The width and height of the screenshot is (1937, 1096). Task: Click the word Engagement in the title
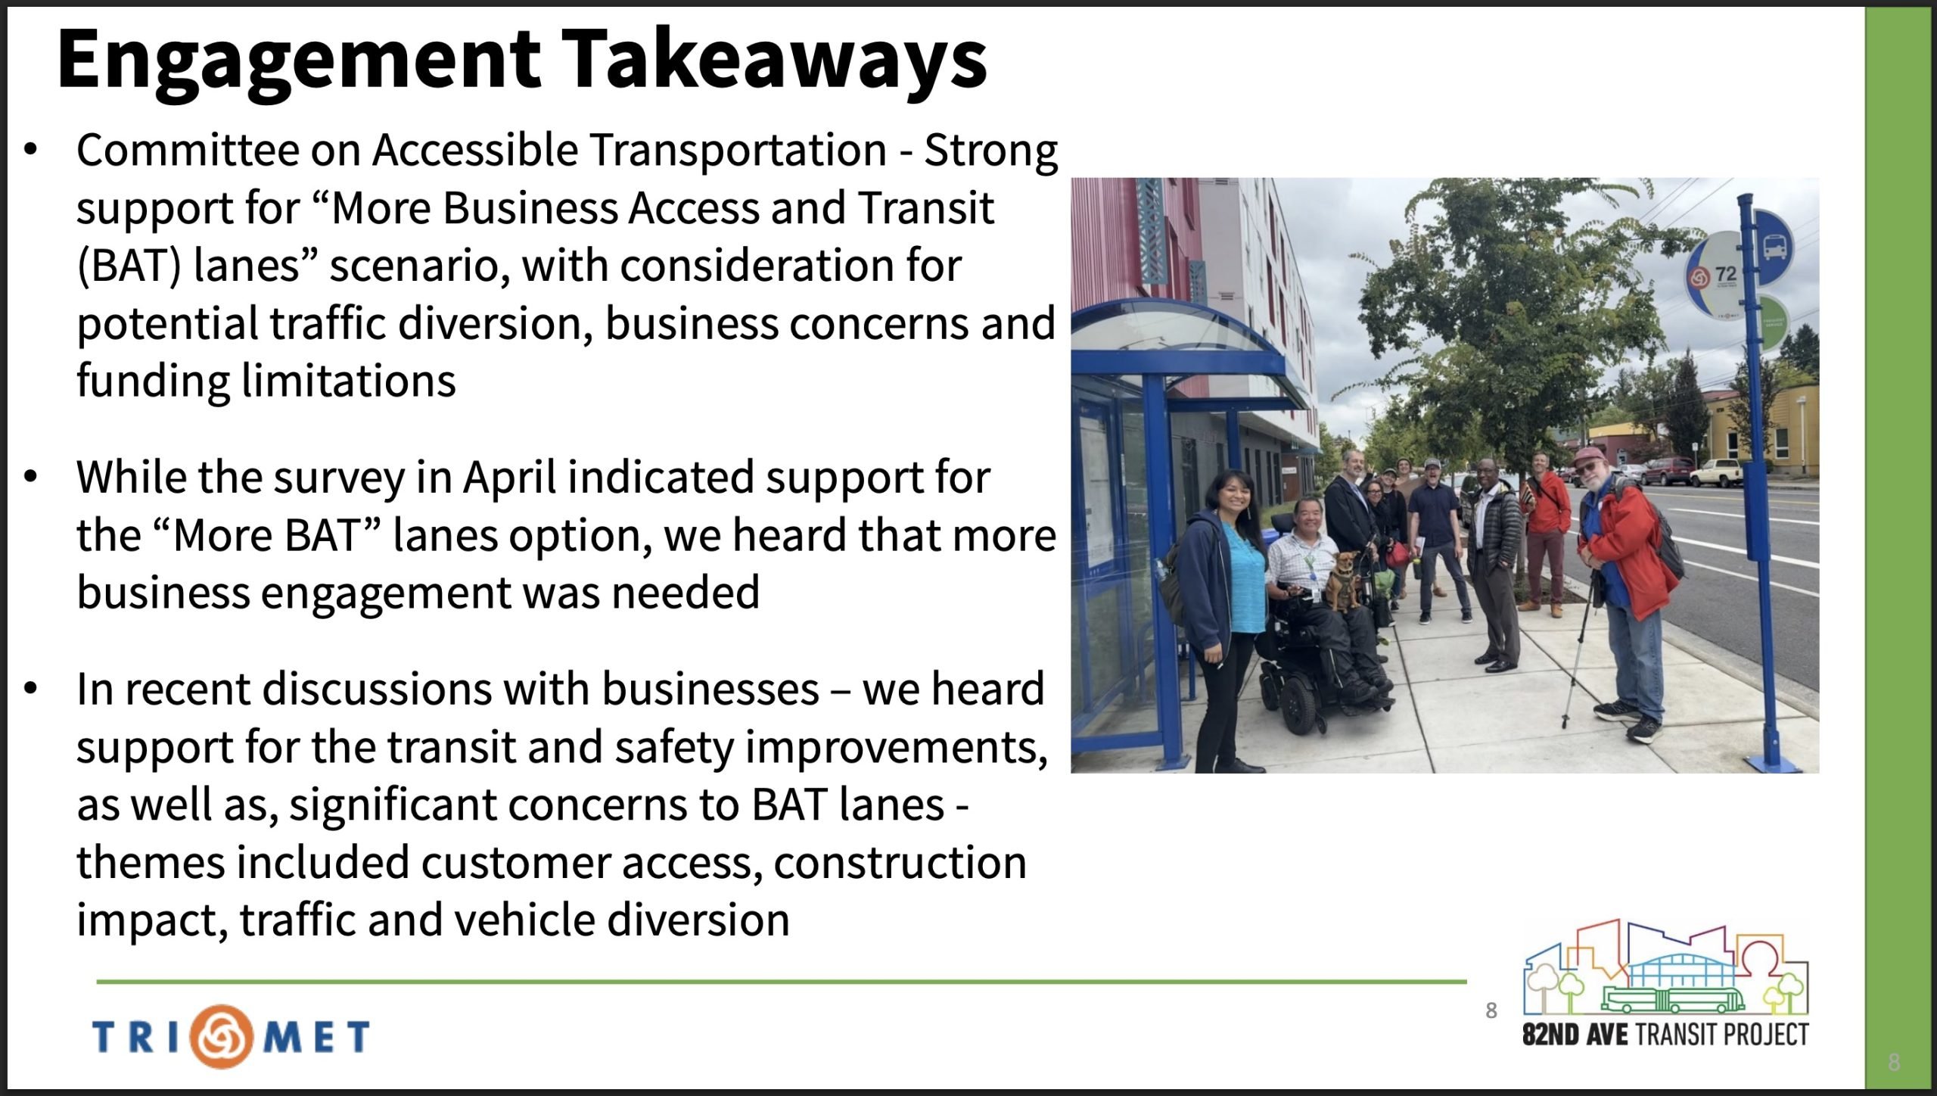[299, 61]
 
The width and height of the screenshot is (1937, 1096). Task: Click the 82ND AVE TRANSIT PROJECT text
[1665, 1034]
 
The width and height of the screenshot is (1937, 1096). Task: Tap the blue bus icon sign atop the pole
[1771, 241]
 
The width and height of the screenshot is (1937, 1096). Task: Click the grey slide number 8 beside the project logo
[1491, 1010]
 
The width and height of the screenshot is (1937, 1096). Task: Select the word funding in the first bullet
[154, 381]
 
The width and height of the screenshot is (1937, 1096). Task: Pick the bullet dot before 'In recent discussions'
[30, 689]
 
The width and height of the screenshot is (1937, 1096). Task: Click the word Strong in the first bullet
[990, 151]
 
